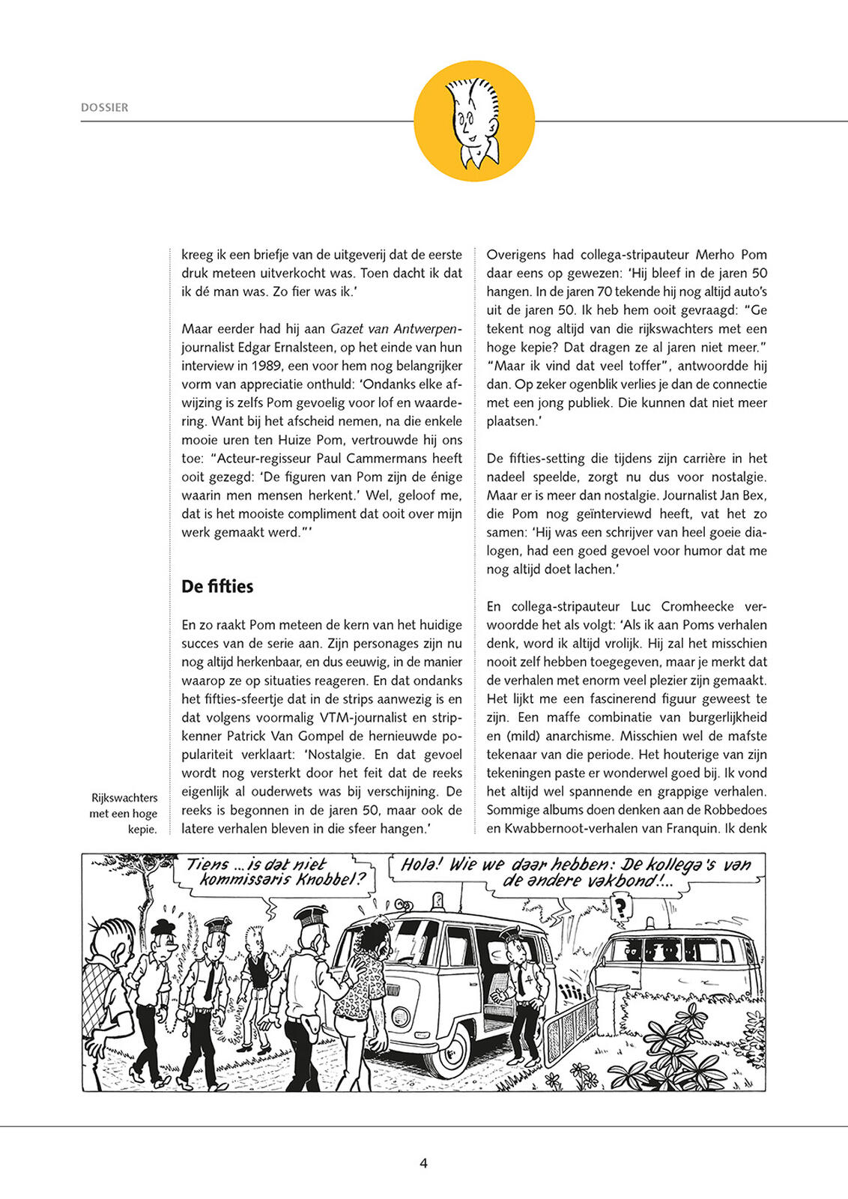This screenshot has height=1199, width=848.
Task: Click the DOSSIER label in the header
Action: [104, 108]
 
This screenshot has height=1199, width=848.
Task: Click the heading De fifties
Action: [217, 586]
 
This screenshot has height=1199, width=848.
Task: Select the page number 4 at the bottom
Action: [423, 1163]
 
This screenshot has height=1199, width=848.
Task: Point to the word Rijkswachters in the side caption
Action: [124, 797]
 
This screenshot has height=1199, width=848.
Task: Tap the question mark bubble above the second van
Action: [620, 908]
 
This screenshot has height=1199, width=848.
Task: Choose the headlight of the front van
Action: [402, 1016]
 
